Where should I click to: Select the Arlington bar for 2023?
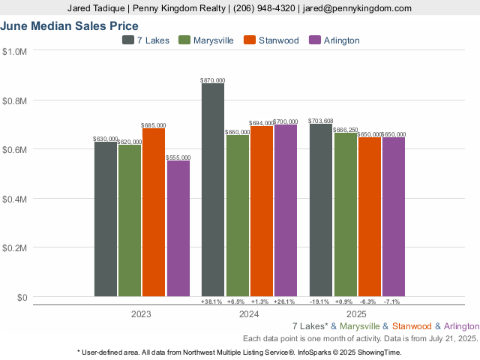[178, 228]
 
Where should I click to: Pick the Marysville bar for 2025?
[346, 214]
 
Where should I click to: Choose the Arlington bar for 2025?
[394, 217]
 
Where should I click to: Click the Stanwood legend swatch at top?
[250, 40]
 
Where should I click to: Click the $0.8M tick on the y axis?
[16, 100]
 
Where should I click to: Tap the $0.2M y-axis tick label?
[16, 248]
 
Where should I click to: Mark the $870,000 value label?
[213, 79]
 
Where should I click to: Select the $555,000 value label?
[178, 157]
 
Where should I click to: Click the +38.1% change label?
[213, 301]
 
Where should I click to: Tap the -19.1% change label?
[321, 301]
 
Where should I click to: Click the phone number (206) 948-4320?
[265, 8]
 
